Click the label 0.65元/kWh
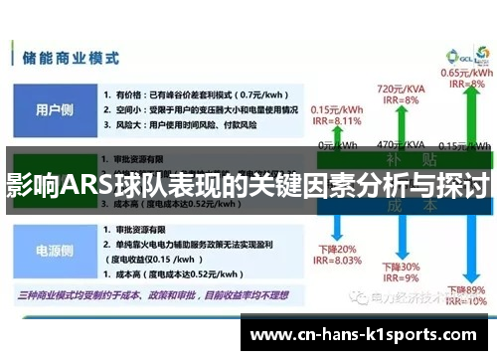(x=462, y=73)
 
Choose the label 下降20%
(x=332, y=249)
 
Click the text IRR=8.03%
(x=336, y=262)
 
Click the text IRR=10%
(x=463, y=300)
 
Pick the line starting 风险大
(x=179, y=125)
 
